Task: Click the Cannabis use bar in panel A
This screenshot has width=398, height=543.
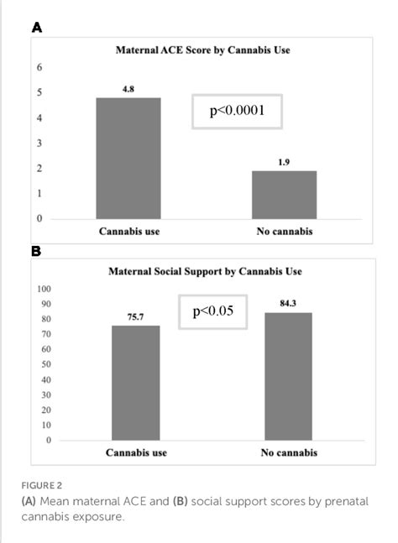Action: tap(128, 159)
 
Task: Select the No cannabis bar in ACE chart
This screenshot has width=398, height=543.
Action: tap(284, 195)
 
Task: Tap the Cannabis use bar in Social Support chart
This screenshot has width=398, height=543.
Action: tap(136, 383)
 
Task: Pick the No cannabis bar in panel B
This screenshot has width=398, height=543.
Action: tap(288, 376)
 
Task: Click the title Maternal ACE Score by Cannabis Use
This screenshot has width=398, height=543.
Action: tap(202, 50)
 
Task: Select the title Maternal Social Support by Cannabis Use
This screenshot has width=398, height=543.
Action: tap(205, 271)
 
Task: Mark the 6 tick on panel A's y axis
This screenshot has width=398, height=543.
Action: tap(39, 67)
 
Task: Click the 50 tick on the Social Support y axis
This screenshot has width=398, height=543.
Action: tap(45, 364)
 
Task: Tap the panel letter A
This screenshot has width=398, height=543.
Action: tap(36, 27)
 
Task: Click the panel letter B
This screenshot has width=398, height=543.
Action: tap(36, 250)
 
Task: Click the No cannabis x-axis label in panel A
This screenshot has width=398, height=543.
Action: tap(284, 232)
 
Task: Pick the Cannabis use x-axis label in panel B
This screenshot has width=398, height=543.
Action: tap(136, 452)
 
